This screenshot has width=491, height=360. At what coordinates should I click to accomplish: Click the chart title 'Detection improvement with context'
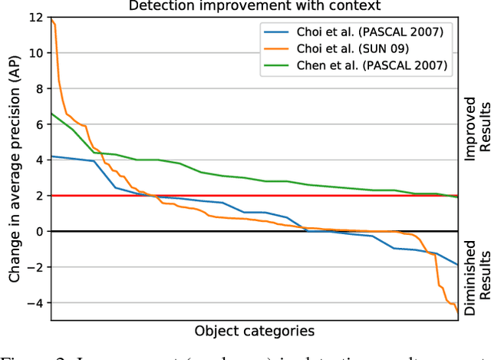[x=254, y=5]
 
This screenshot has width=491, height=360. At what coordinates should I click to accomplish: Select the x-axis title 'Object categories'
[x=254, y=332]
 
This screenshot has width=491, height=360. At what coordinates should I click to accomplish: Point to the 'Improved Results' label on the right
[x=475, y=128]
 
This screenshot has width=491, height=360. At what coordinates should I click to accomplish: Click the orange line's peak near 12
[x=51, y=18]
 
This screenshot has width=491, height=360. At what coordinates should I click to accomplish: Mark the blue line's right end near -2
[x=457, y=265]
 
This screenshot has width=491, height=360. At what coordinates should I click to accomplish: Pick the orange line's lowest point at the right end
[x=457, y=311]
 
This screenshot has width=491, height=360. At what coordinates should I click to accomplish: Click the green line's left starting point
[x=51, y=114]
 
